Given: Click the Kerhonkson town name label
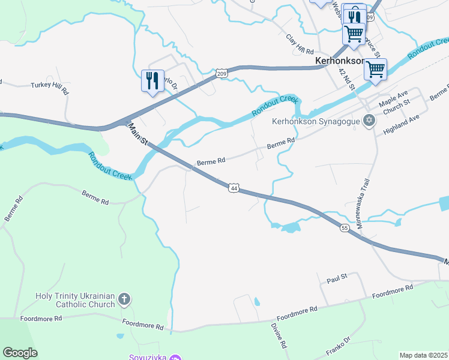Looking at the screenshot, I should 340,61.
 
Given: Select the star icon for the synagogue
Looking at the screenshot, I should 370,121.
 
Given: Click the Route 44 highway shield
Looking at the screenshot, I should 234,188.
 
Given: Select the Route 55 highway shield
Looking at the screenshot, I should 344,228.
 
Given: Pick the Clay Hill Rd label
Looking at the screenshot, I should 300,41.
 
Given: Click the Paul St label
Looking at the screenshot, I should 337,280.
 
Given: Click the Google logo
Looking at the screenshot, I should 20,353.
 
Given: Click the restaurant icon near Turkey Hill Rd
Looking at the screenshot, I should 152,81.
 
